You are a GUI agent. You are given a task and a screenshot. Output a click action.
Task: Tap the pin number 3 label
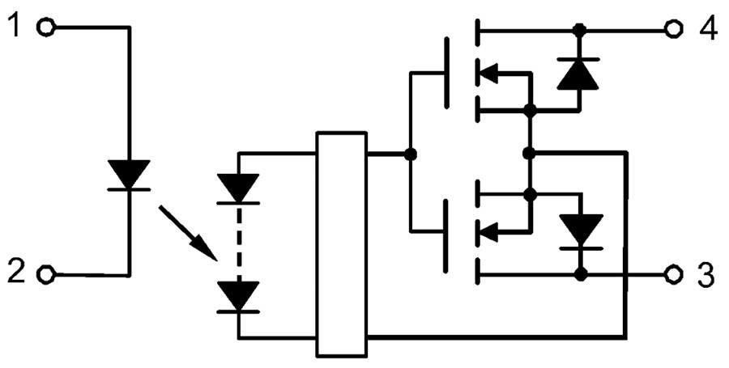coord(706,275)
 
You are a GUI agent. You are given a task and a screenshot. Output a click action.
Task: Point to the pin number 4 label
coord(707,29)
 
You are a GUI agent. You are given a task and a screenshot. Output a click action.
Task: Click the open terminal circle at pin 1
coord(47,28)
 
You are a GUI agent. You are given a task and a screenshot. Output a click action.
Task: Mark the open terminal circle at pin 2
coord(47,275)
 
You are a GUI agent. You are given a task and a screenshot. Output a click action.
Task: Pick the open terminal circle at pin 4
coord(671,30)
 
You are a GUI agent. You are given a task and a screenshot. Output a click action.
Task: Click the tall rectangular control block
coord(341,243)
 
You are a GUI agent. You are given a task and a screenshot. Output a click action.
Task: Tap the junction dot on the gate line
coord(410,154)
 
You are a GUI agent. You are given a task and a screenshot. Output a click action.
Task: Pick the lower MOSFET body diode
coord(580,231)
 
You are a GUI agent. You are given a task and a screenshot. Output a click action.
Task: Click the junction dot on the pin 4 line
coord(579,30)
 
